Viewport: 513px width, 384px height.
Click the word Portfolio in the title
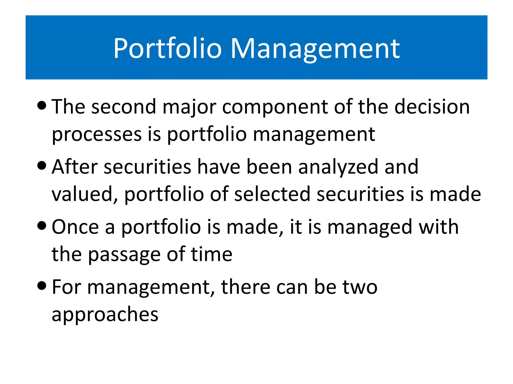point(168,48)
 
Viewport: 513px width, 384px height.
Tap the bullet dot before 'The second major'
point(42,105)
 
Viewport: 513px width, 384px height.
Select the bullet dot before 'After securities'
point(42,165)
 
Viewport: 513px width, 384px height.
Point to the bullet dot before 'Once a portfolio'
point(42,225)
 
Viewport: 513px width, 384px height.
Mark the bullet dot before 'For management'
point(42,285)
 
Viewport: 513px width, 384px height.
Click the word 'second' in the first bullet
point(124,107)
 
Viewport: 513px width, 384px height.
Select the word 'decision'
point(432,107)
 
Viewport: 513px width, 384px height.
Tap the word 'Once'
point(75,227)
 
